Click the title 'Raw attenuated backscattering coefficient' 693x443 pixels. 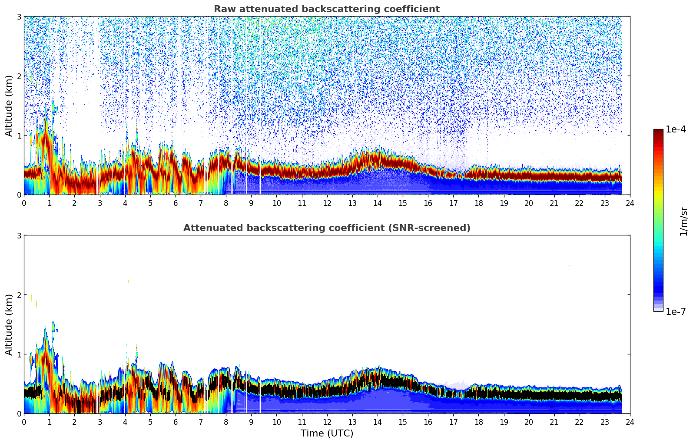[x=326, y=9]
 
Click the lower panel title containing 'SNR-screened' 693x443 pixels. [x=326, y=228]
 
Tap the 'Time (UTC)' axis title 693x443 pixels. [x=327, y=433]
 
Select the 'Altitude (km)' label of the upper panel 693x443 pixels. [x=9, y=106]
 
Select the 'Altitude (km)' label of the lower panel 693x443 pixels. [x=9, y=324]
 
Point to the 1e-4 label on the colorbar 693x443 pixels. [x=676, y=129]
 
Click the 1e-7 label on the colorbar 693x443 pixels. [x=676, y=312]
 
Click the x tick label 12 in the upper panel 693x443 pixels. [x=327, y=203]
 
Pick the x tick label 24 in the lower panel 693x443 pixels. [x=630, y=422]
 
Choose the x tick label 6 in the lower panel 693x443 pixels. [x=176, y=422]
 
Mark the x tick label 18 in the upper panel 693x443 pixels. [x=478, y=203]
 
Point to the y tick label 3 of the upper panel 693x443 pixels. [x=19, y=17]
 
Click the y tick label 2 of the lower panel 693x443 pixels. [x=19, y=295]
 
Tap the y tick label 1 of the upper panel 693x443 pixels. [x=19, y=136]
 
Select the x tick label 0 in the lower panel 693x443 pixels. [x=24, y=422]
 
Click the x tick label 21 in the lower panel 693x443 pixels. [x=554, y=422]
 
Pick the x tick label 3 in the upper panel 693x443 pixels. [x=99, y=203]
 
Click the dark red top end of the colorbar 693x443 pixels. [x=658, y=131]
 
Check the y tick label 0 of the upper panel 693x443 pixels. [x=19, y=195]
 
